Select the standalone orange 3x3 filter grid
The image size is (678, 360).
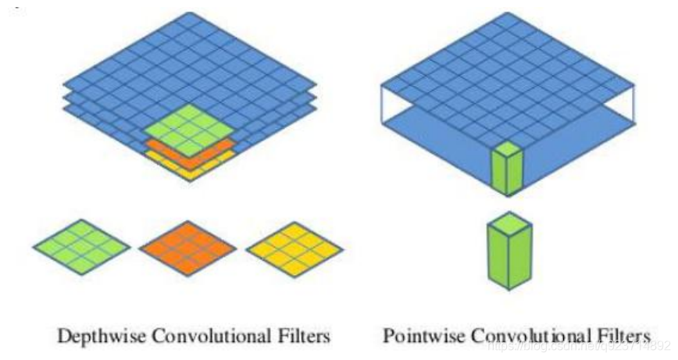(x=187, y=246)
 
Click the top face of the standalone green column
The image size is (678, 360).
(x=509, y=223)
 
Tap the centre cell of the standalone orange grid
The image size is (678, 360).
(x=187, y=246)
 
